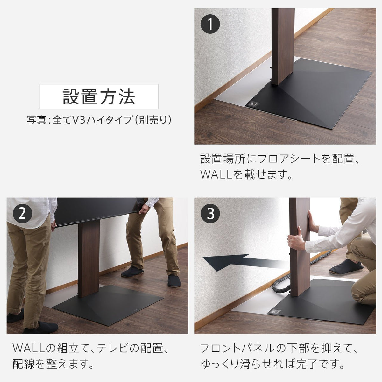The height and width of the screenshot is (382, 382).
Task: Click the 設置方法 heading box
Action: pos(99,96)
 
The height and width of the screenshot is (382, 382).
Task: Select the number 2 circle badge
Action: pos(22,214)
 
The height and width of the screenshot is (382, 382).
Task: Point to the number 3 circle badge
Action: pos(210,214)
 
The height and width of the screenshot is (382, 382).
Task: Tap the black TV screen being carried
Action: pos(95,210)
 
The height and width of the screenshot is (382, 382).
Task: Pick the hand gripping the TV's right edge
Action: pos(145,209)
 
